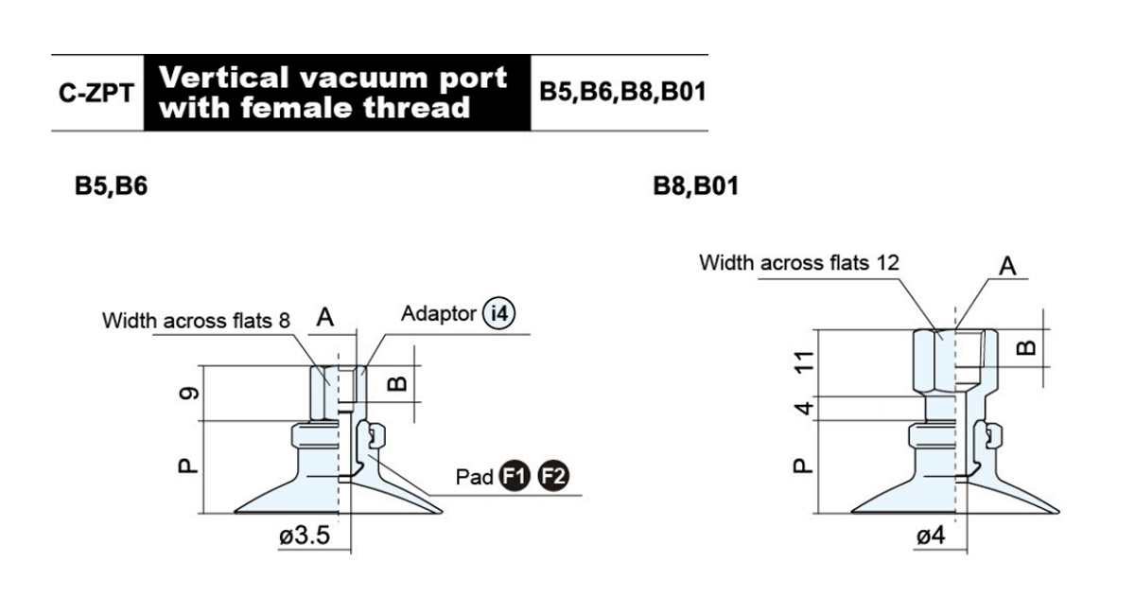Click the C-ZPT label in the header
tap(96, 94)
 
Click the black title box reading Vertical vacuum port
tap(338, 93)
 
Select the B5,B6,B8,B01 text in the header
tap(622, 93)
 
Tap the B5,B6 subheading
tap(111, 186)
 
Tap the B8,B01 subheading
tap(696, 186)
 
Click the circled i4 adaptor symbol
tap(498, 313)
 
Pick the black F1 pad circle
tap(515, 476)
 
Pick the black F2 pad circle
tap(553, 476)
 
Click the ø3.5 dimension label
tap(305, 536)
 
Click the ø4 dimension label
tap(931, 536)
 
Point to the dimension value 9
tap(189, 393)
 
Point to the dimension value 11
tap(803, 362)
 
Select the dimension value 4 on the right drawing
tap(803, 408)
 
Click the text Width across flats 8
tap(196, 321)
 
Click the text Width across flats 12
tap(799, 263)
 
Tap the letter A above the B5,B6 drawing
tap(324, 317)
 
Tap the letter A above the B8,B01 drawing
tap(1007, 266)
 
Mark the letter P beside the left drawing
tap(188, 466)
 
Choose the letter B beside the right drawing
tap(1026, 348)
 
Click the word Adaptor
tap(439, 314)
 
